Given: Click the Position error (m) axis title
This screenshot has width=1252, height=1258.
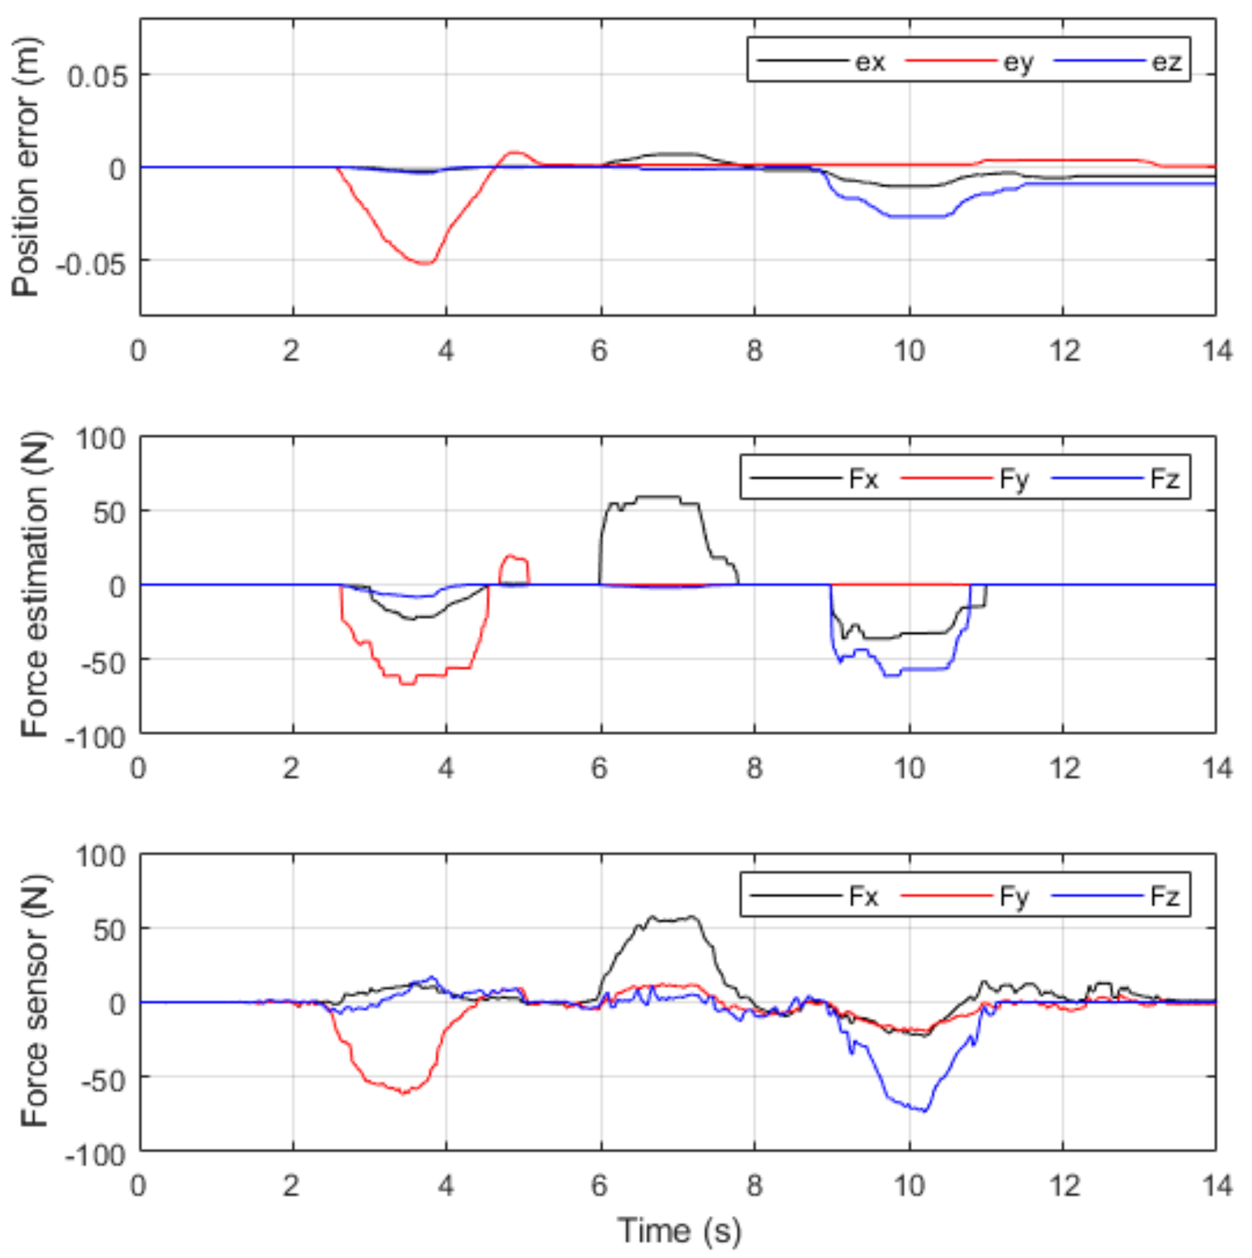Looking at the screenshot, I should click(x=26, y=167).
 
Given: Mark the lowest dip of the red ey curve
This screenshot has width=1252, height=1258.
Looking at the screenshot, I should click(x=426, y=263).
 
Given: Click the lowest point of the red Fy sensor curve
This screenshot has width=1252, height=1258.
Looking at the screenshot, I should click(x=404, y=1093).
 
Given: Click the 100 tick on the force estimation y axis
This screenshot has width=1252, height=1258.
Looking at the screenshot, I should click(x=100, y=438).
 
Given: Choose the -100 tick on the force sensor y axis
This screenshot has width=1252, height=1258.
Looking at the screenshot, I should click(x=96, y=1155).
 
